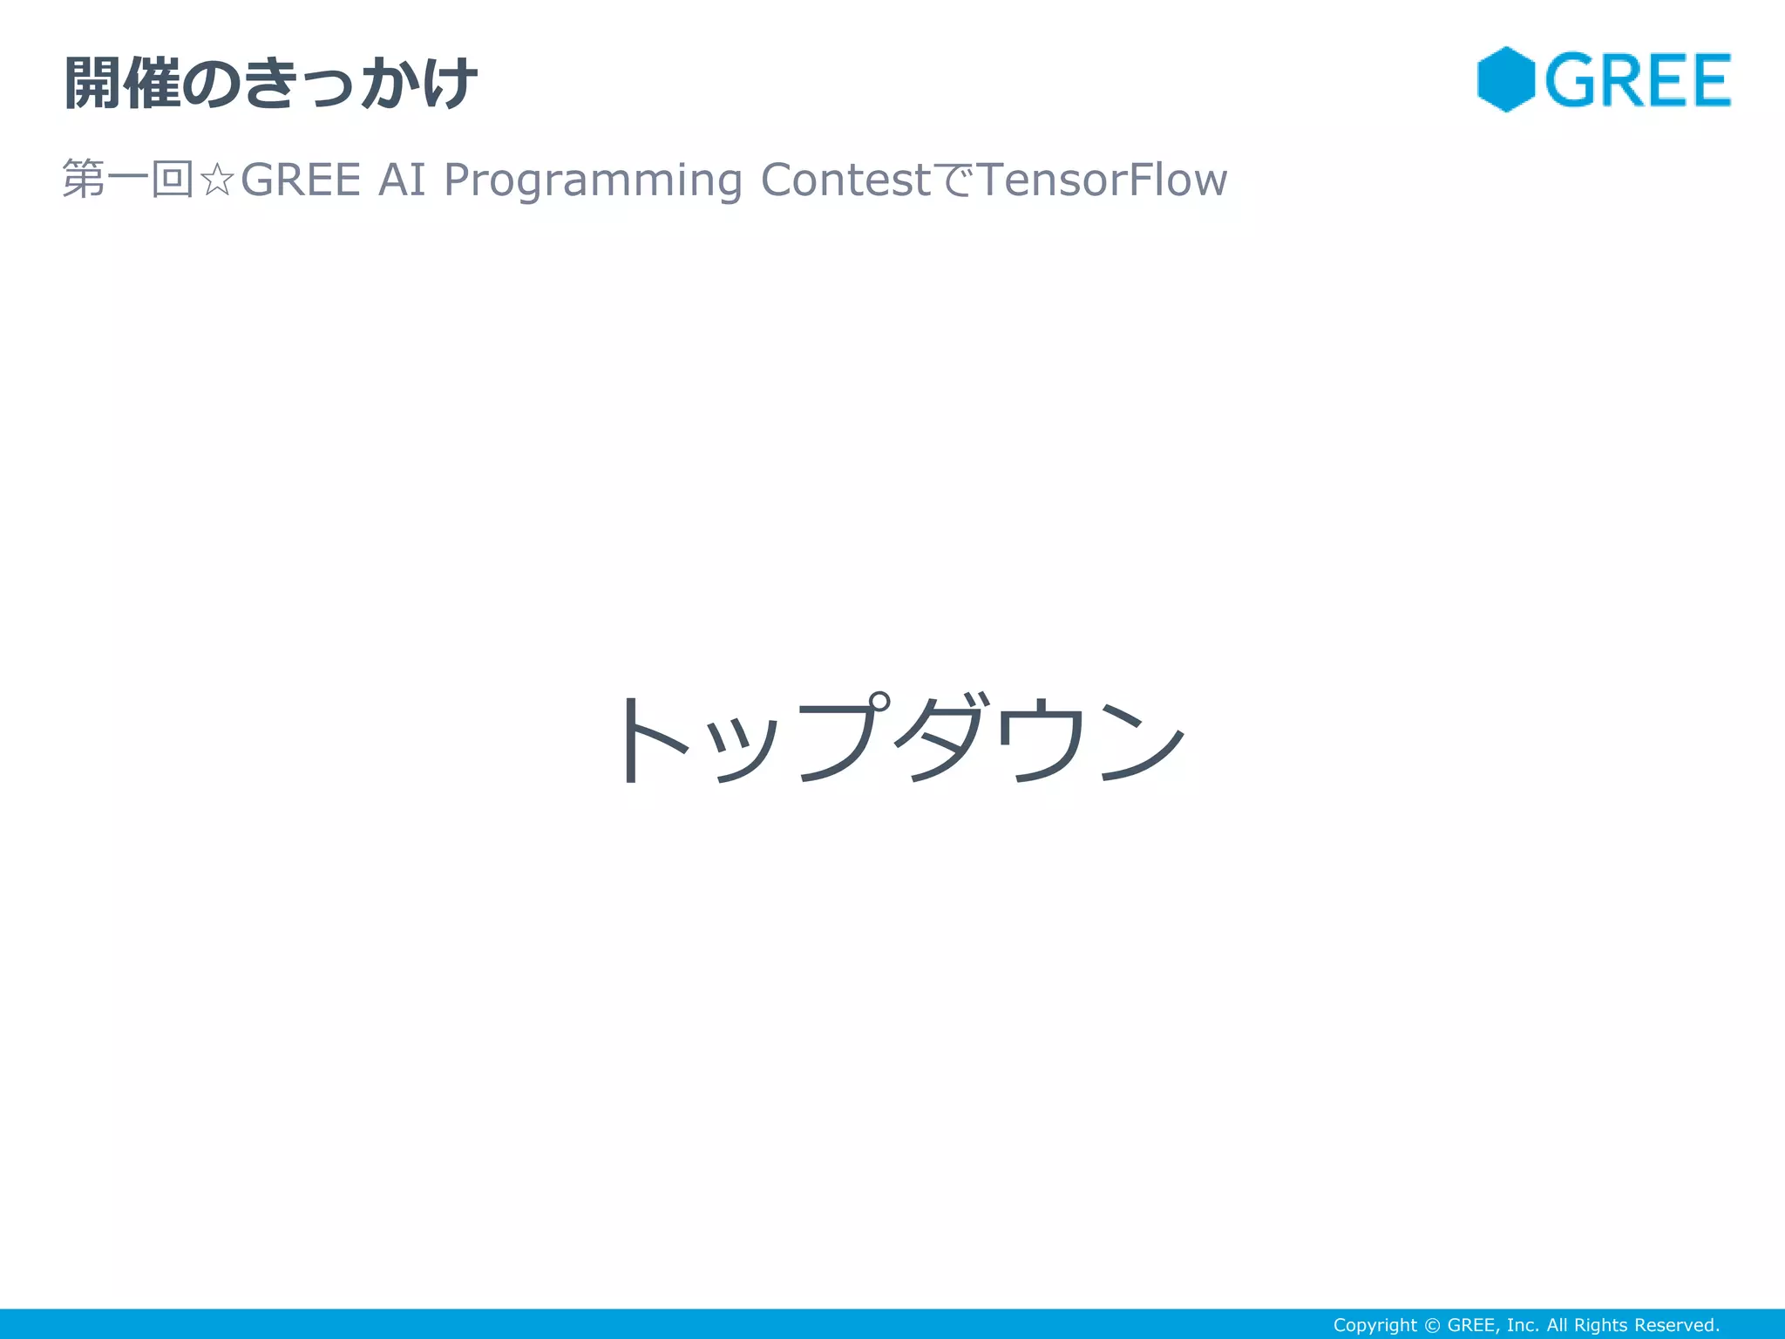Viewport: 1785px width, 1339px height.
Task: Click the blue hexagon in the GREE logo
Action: click(1505, 79)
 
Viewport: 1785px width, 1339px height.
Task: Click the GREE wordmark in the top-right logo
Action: click(1638, 80)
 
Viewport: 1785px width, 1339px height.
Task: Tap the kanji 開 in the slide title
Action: click(92, 84)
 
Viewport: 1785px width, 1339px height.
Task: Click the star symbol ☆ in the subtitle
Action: click(216, 180)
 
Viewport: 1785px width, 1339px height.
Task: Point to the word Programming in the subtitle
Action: click(593, 180)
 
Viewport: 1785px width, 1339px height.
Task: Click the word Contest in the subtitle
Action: click(845, 180)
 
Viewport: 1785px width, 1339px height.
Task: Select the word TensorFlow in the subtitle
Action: click(1103, 180)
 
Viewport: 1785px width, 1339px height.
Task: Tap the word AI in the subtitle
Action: click(402, 180)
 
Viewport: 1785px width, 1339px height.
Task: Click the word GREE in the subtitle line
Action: click(300, 180)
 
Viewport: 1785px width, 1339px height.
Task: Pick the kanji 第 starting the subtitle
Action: click(84, 180)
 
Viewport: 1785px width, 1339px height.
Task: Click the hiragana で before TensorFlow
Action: click(954, 180)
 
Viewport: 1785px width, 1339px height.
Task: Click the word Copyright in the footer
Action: click(1374, 1325)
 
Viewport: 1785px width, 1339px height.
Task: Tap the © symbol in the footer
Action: click(1432, 1325)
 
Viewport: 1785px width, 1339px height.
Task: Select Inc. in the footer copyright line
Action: click(1522, 1325)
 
